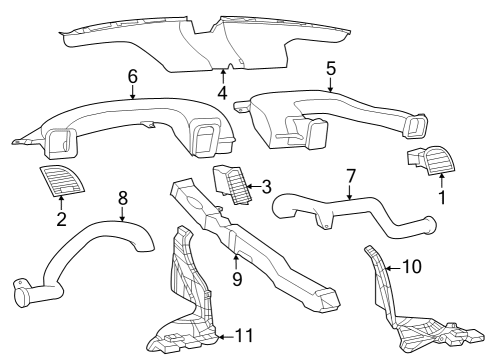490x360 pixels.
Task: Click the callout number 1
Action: coord(441,198)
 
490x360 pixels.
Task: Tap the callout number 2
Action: coord(61,218)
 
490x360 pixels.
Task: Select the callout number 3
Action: coord(265,185)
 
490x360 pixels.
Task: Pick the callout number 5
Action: coord(331,69)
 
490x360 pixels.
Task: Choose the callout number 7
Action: coord(350,176)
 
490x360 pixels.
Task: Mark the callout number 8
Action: coord(122,198)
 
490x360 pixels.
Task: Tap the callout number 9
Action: coord(237,279)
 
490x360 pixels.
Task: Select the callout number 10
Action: coord(412,267)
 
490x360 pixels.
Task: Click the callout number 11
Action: coord(244,336)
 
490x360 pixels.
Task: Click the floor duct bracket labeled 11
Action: coord(185,300)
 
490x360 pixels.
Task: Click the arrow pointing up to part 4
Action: coord(221,79)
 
